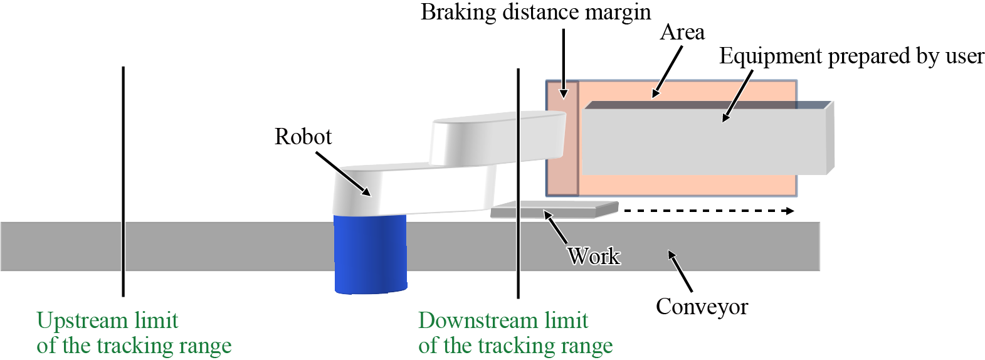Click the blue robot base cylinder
coord(370,254)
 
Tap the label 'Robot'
coord(303,137)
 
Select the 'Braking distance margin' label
coord(535,13)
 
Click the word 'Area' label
coord(682,33)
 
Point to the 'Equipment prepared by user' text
coord(851,56)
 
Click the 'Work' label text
coord(593,256)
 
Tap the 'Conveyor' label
coord(702,307)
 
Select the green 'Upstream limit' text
coord(107,320)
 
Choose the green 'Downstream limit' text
coord(503,320)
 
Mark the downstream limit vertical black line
coord(518,263)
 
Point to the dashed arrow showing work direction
coord(708,211)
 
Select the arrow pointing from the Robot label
coord(342,174)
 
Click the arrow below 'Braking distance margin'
coord(564,63)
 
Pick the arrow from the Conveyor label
coord(680,271)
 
